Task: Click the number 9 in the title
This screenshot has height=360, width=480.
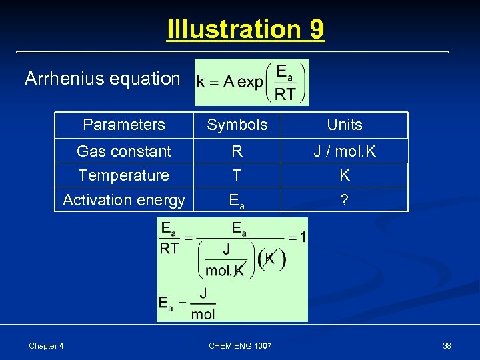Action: [x=317, y=29]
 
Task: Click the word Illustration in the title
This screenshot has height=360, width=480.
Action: [x=235, y=29]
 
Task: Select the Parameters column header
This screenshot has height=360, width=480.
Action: [x=124, y=125]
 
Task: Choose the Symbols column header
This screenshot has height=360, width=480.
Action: [x=237, y=125]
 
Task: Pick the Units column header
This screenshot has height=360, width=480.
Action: [x=345, y=125]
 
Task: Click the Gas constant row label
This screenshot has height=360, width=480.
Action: [x=124, y=151]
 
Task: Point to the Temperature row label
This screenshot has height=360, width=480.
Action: [x=124, y=175]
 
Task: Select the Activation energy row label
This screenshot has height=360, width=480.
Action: [x=124, y=199]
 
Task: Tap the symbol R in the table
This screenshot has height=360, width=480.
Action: [x=237, y=151]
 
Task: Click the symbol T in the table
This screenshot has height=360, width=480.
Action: [x=237, y=175]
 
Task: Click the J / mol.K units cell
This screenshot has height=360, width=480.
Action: [x=345, y=151]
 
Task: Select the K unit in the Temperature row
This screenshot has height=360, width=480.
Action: [x=345, y=175]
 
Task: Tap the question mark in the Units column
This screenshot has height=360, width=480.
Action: [x=344, y=199]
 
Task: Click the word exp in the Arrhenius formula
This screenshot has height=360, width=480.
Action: [x=251, y=82]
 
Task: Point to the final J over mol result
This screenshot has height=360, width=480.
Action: [x=203, y=304]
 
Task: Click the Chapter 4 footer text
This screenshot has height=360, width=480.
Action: [x=46, y=345]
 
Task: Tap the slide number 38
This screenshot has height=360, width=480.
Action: [x=447, y=345]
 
